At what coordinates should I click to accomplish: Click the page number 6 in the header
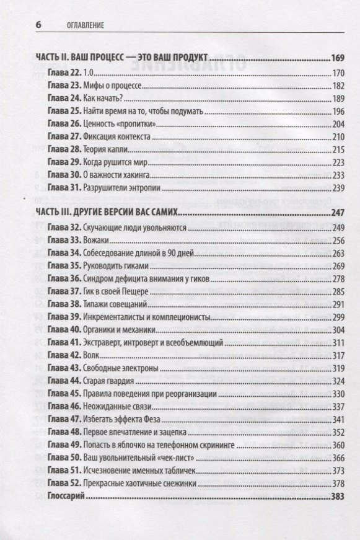coord(38,25)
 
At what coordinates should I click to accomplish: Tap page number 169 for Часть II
coord(336,58)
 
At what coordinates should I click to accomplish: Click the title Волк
coord(90,355)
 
